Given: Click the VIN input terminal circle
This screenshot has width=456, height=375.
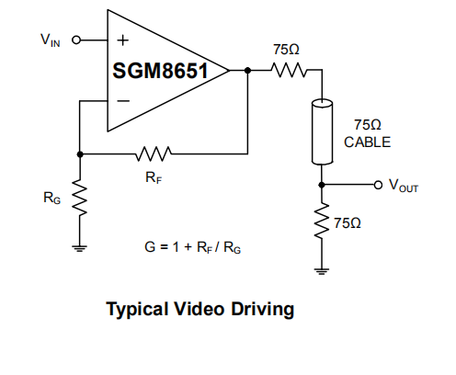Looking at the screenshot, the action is point(76,40).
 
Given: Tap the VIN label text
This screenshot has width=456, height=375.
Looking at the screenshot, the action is point(51,40).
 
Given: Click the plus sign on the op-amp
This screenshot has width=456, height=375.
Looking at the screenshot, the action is point(123,40).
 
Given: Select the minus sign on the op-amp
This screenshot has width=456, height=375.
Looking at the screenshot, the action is point(123,100).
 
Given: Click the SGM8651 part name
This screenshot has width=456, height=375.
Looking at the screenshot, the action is point(160,71).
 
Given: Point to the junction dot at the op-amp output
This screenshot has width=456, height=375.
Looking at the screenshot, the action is point(247,71).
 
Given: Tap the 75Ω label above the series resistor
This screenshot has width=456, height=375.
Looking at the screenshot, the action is point(286,50).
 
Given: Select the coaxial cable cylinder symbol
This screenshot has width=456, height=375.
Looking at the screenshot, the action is point(322,131).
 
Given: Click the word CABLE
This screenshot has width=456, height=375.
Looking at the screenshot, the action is point(367,142).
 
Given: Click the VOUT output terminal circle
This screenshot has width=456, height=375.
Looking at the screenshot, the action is point(378,185).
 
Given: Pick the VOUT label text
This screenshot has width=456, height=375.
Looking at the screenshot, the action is point(404,186).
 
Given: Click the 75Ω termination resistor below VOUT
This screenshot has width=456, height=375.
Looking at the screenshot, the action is point(322,220).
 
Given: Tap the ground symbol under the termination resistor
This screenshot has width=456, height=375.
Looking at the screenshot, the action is point(322,271).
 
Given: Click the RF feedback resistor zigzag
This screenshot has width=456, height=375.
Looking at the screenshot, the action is point(154,153).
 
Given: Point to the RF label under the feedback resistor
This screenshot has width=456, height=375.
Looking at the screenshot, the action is point(154,177).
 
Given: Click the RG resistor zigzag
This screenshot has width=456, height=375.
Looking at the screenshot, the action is point(80,198).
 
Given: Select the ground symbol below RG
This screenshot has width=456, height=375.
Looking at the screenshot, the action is point(80,248).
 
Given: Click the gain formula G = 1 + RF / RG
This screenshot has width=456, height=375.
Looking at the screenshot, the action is point(192,247).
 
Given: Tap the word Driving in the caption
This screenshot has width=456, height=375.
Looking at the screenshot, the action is point(263,310).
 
